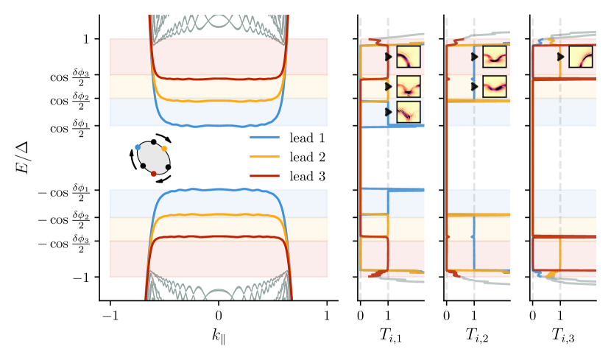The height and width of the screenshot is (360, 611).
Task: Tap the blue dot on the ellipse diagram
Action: (x=138, y=147)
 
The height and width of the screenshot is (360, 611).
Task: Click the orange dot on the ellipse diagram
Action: (x=164, y=148)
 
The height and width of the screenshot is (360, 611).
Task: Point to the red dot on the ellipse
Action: (x=153, y=174)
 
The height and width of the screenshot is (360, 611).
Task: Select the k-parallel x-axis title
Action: (x=218, y=336)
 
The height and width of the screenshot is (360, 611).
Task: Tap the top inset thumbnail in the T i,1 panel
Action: (x=408, y=57)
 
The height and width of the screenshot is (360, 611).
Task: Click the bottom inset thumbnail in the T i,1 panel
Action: (x=408, y=112)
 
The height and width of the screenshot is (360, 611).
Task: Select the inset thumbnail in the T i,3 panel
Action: (x=580, y=57)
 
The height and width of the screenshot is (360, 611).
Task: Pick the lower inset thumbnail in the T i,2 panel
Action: (x=494, y=86)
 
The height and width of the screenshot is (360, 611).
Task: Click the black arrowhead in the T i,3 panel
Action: (x=561, y=57)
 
